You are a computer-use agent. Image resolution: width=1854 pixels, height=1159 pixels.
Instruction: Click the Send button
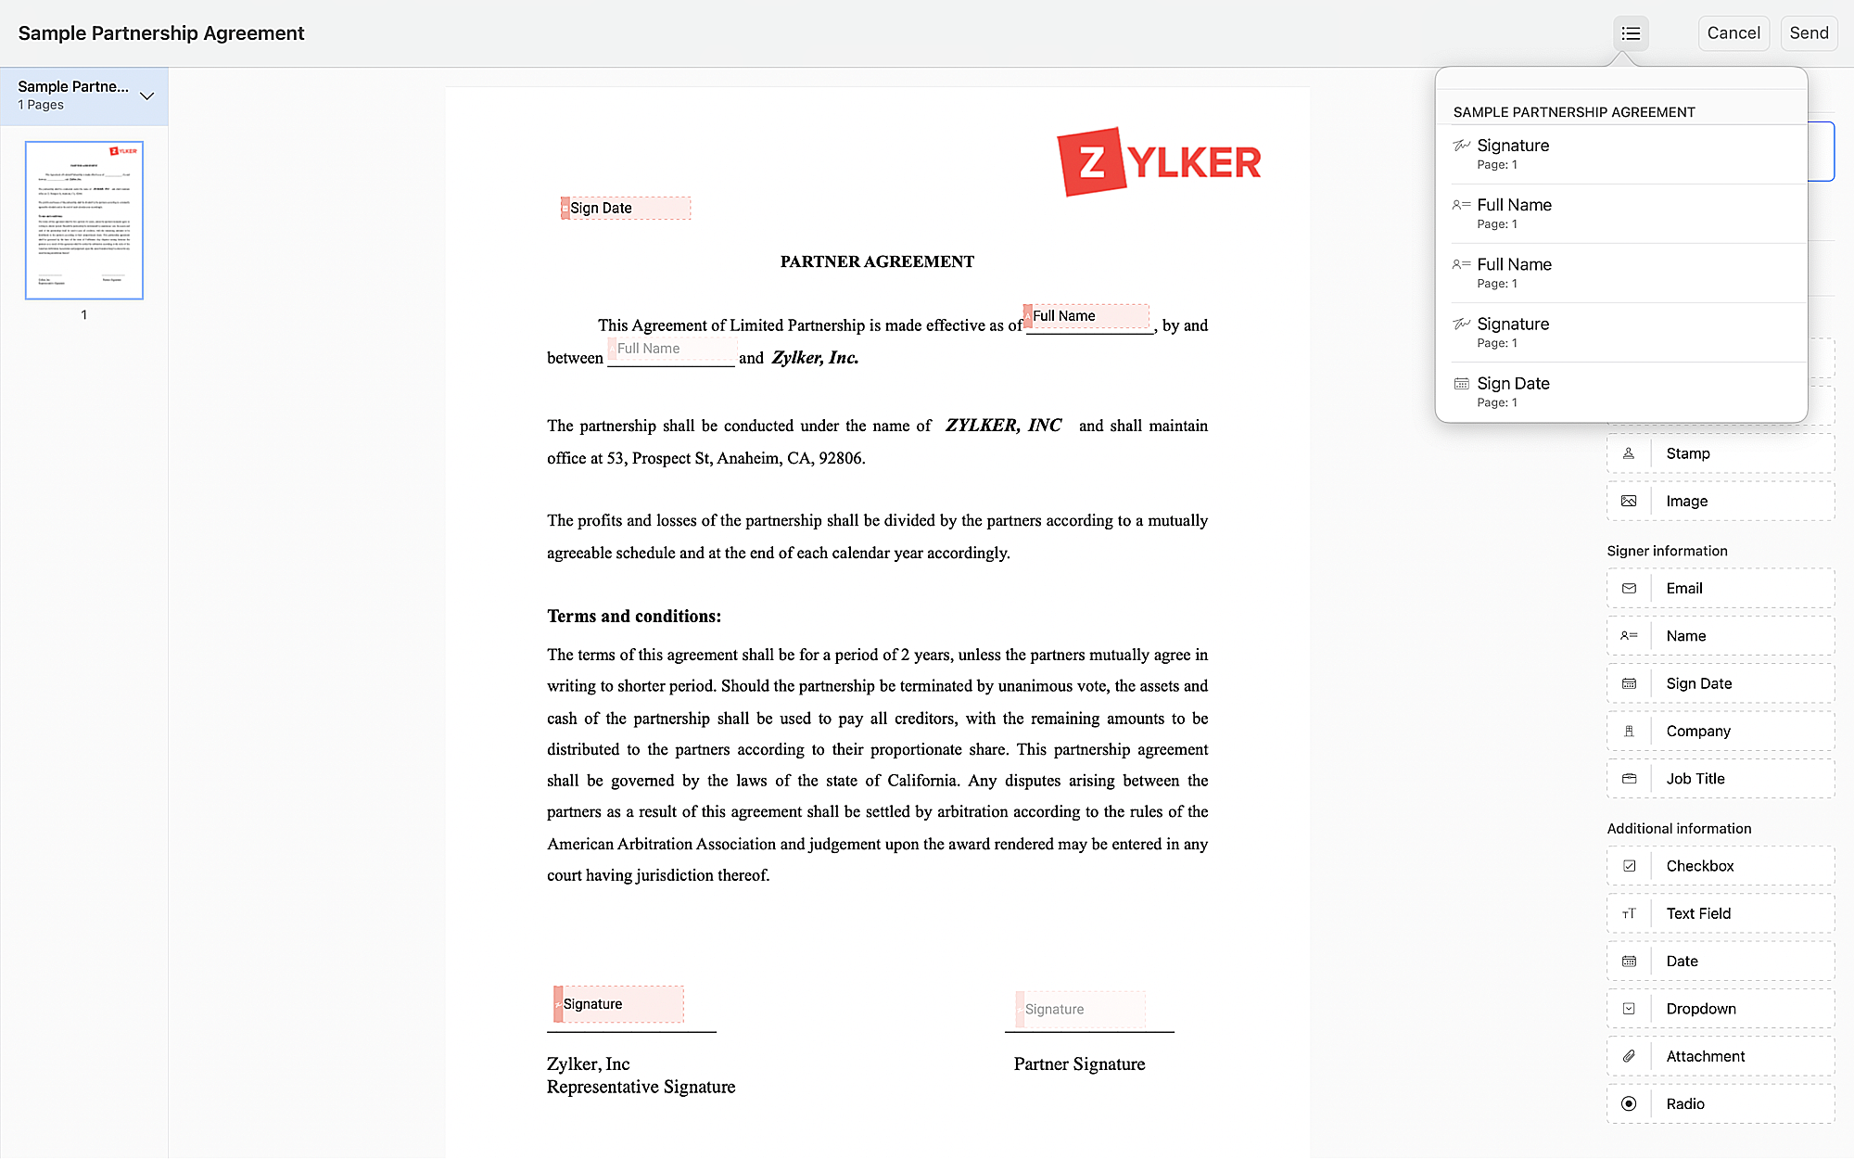click(x=1809, y=33)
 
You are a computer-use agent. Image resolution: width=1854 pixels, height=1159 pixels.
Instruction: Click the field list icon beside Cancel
click(x=1631, y=33)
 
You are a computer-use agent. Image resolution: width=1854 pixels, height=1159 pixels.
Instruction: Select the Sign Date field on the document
click(x=626, y=208)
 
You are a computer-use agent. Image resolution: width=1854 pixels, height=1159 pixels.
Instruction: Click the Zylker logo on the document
click(x=1159, y=162)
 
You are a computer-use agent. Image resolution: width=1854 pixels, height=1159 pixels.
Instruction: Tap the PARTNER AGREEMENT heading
click(x=877, y=261)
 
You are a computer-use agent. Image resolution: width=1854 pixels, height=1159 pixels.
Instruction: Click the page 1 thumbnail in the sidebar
click(x=84, y=220)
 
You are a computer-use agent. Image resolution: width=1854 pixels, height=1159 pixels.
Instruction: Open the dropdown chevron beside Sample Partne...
click(x=146, y=96)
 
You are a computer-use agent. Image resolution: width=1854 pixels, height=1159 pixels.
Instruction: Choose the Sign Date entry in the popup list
click(x=1513, y=384)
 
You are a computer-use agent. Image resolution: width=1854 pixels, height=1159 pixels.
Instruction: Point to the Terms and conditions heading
click(x=634, y=617)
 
